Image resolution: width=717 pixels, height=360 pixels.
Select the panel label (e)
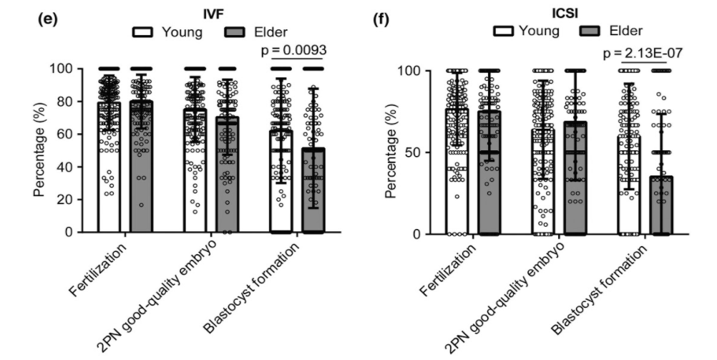point(47,18)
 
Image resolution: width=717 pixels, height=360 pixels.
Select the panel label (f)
point(383,18)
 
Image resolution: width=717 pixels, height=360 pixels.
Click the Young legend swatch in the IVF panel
point(145,31)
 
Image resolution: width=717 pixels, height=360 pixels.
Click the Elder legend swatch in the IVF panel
point(231,31)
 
